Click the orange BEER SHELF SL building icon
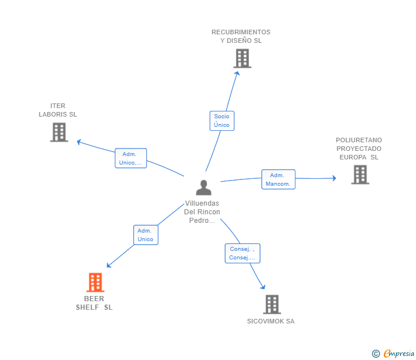95,282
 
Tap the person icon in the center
204,187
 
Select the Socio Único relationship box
222,121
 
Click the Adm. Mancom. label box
278,179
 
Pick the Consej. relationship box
242,253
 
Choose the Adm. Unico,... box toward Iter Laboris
130,158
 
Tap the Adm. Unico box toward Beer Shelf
145,235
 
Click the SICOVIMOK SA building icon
272,305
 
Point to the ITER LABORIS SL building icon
59,132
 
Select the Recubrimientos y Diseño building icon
242,58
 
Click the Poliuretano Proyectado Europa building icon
360,174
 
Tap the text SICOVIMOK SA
271,321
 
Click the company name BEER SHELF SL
94,303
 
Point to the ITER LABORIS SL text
58,110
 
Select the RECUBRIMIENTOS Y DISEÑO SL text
241,37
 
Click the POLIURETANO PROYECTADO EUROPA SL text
359,149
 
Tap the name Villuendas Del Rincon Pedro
202,211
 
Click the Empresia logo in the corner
393,353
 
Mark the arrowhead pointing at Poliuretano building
334,178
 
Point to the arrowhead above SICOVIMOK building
263,286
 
